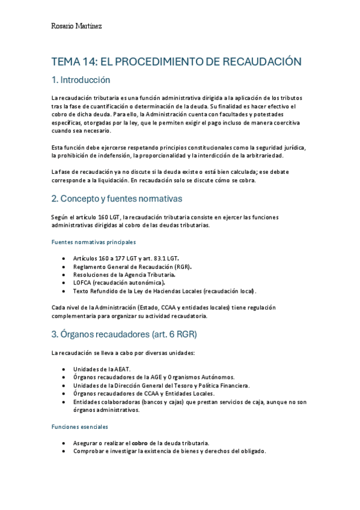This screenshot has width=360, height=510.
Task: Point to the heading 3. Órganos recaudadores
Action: [124, 334]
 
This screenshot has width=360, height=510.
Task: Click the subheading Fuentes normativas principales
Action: [93, 242]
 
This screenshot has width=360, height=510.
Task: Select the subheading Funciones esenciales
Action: [79, 426]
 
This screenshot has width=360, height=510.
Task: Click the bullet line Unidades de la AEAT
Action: [102, 369]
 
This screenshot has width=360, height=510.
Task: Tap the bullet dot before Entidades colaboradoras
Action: [64, 402]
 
